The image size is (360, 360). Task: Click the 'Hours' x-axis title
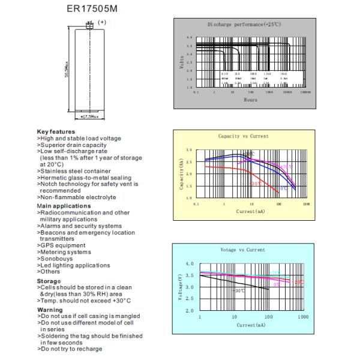pos(250,100)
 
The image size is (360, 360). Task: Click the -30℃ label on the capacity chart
pos(256,184)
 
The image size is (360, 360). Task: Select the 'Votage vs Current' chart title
pos(244,250)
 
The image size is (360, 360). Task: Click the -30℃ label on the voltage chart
pos(239,290)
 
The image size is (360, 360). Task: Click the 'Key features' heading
pos(56,131)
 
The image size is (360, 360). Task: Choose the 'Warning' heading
pos(50,310)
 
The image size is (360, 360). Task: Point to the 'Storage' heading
pos(49,281)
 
